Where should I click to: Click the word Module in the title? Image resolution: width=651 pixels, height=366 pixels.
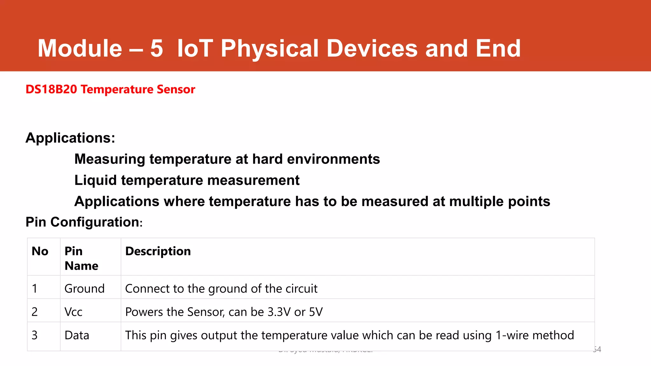(x=80, y=48)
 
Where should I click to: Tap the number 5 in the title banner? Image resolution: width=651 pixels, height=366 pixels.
(x=156, y=48)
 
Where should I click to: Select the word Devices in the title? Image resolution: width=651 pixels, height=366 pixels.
(x=372, y=48)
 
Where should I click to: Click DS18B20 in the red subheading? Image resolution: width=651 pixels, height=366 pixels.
(x=51, y=89)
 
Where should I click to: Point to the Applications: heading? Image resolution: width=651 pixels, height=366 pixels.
(x=70, y=138)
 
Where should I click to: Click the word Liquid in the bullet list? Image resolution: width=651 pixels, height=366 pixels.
(x=95, y=180)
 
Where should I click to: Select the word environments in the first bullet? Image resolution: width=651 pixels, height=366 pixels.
(x=333, y=159)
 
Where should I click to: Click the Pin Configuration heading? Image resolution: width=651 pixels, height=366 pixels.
(x=84, y=222)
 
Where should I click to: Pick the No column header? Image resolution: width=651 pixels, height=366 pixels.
(x=40, y=251)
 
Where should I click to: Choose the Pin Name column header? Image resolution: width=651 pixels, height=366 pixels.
(x=81, y=258)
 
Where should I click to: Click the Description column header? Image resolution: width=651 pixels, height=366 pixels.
(x=158, y=251)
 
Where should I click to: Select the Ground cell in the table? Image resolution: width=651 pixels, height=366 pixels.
(x=84, y=288)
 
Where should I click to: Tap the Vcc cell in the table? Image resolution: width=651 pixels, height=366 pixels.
(x=73, y=312)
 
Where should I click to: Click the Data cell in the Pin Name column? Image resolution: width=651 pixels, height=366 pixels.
(x=77, y=335)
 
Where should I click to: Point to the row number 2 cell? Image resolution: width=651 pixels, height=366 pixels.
(x=35, y=312)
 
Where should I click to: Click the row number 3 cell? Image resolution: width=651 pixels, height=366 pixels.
(x=35, y=335)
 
